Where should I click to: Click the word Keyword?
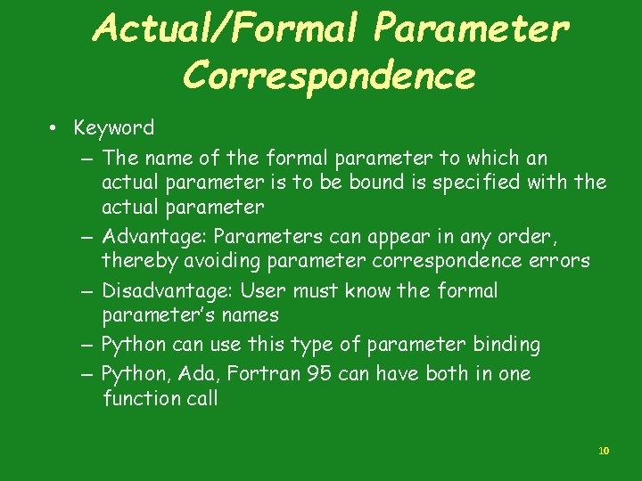point(114,128)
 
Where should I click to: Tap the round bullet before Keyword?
point(54,129)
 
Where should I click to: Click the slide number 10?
point(604,451)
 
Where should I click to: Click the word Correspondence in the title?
point(328,77)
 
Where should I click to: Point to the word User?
point(263,291)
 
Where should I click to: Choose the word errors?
point(559,261)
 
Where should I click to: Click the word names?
point(254,315)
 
